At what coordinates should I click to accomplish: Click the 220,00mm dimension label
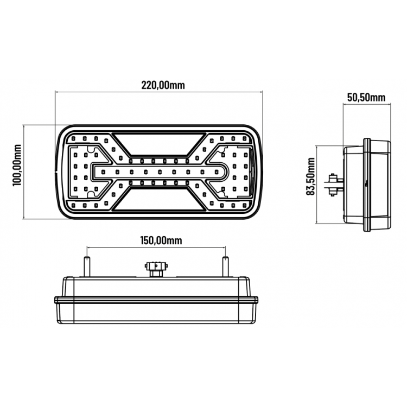point(163,85)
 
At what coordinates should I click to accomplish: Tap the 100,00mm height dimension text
point(17,165)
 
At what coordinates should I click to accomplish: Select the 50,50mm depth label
point(366,98)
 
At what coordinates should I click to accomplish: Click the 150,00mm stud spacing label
point(161,240)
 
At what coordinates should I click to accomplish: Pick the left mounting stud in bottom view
point(87,266)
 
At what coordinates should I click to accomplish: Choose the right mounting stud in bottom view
point(226,266)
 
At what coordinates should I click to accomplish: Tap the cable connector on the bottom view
point(156,269)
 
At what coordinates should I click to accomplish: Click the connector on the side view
point(334,185)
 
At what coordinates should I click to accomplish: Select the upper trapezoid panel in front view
point(159,144)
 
